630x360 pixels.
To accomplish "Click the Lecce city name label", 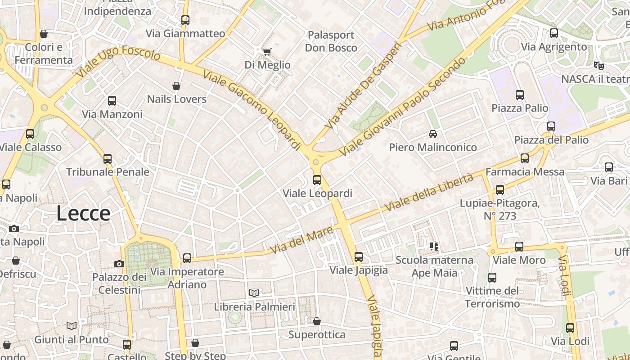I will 83,213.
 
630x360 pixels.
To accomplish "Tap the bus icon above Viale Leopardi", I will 317,180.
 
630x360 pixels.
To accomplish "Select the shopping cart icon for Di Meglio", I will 267,52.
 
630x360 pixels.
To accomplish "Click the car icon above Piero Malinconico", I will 432,134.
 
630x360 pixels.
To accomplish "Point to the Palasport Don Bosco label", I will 331,41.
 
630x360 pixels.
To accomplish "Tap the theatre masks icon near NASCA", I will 598,65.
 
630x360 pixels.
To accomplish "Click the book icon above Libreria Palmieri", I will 254,293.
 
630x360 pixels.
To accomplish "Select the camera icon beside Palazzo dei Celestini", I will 119,264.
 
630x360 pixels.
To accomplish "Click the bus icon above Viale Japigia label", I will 359,257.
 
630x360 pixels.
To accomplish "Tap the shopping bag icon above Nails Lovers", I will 176,86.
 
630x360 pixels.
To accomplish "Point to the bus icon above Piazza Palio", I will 520,95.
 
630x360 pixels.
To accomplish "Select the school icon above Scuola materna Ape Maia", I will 434,247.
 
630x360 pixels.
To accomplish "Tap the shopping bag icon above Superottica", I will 317,321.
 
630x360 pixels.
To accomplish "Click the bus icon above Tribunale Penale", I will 108,159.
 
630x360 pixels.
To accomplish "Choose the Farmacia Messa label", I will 525,172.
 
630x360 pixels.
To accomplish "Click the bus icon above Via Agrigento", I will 554,33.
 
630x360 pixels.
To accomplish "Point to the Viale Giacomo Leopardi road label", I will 252,110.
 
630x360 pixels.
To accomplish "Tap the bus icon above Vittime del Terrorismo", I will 492,278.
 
